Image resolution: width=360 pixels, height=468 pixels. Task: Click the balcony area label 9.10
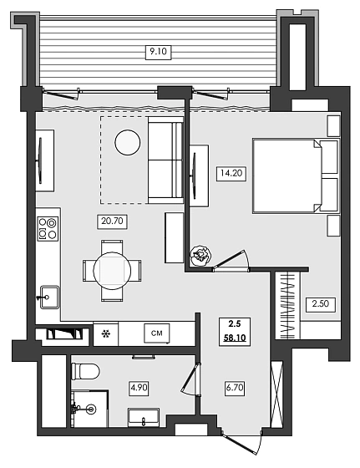coord(158,52)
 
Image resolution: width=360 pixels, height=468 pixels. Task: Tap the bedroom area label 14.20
coord(231,173)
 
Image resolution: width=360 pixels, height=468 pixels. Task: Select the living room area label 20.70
coord(112,221)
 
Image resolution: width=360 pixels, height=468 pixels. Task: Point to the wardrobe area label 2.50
coord(321,304)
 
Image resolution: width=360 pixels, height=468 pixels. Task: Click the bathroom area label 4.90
coord(139,388)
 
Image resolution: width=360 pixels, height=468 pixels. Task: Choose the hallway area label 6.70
coord(235,388)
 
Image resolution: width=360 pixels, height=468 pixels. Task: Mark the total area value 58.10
coord(235,338)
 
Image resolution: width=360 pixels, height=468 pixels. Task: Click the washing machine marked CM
coord(157,333)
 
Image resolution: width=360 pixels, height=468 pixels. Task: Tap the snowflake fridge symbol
coord(105,333)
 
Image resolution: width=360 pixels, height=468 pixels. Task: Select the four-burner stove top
coord(48,228)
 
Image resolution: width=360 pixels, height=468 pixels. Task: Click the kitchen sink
coord(49,297)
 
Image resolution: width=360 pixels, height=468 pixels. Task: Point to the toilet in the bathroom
coord(85,371)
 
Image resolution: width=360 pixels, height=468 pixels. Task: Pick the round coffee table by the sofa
coord(128,142)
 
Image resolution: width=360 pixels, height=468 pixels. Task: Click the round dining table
coord(112,271)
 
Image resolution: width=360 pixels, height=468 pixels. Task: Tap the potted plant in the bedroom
coord(201,255)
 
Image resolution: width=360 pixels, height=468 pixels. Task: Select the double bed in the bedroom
coord(296,175)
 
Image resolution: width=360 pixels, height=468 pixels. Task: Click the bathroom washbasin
coord(144,418)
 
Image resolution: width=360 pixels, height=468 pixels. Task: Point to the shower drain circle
coord(91,409)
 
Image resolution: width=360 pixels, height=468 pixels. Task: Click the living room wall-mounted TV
coord(40,160)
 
